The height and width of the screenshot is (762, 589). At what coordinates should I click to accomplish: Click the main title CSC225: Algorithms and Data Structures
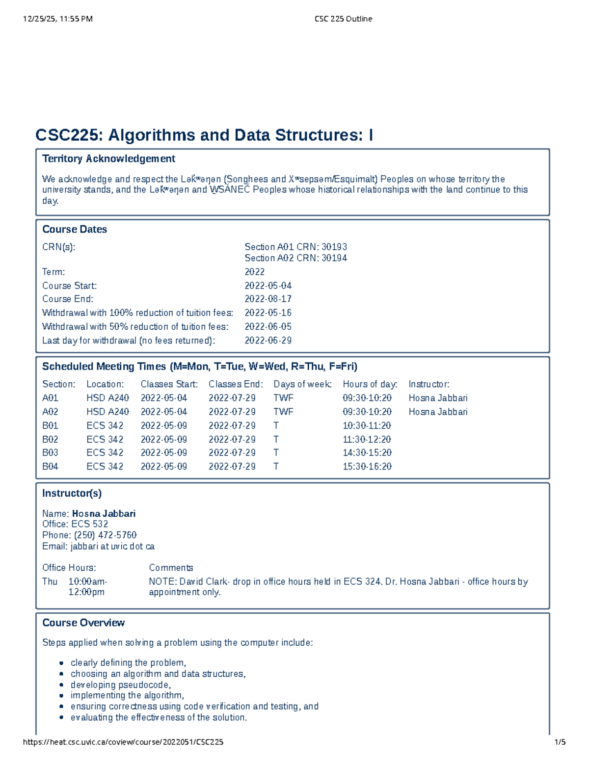204,135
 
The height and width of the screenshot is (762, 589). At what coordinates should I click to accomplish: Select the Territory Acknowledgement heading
108,158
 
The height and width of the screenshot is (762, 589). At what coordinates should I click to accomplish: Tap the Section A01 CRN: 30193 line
295,247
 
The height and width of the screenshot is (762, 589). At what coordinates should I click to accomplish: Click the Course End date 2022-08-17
268,299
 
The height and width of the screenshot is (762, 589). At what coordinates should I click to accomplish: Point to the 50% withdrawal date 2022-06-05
268,326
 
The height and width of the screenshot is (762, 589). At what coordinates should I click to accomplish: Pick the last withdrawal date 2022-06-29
268,340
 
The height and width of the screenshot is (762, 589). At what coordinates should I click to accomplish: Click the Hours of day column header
370,384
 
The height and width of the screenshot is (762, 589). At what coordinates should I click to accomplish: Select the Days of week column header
302,384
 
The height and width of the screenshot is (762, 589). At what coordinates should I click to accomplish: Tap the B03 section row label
50,452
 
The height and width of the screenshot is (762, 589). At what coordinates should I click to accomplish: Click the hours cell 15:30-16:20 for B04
367,466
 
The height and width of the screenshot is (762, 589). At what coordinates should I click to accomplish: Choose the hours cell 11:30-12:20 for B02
367,439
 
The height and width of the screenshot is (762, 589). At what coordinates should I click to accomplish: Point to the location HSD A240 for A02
107,412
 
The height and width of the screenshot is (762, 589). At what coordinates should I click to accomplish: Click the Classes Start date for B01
163,425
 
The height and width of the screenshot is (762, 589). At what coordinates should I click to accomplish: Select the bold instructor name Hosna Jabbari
104,513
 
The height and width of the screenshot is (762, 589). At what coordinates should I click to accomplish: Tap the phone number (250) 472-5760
105,535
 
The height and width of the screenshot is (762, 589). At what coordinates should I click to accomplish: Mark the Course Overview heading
83,623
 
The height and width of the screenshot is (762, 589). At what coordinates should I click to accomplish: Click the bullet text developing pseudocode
120,684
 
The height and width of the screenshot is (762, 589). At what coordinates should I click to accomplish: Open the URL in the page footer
123,742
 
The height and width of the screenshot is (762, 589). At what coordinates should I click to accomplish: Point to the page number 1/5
560,742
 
